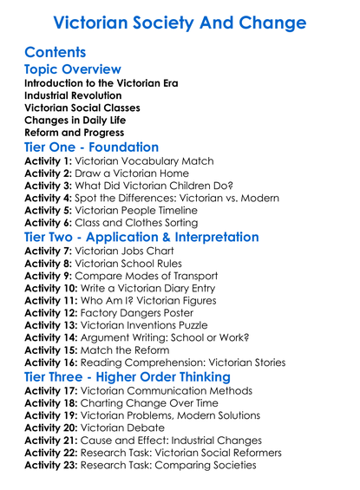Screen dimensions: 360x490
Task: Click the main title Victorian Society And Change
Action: click(180, 22)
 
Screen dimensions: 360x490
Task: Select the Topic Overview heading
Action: click(73, 69)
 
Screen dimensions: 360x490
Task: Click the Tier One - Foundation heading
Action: click(92, 147)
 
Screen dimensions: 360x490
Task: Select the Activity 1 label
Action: click(48, 161)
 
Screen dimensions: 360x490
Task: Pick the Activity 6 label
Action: click(48, 224)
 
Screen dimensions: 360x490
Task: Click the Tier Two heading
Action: click(141, 237)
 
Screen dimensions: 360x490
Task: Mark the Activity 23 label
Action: click(51, 466)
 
